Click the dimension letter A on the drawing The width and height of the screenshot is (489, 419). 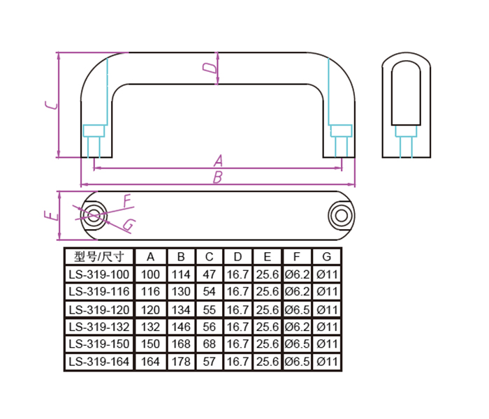(x=218, y=161)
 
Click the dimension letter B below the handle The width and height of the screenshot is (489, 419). (x=218, y=177)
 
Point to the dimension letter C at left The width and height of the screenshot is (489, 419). (x=52, y=105)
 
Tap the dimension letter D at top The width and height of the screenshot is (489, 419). (x=210, y=68)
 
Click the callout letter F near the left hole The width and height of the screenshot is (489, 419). (x=127, y=201)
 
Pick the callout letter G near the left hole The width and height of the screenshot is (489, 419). (x=129, y=225)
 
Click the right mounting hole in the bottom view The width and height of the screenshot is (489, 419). (x=341, y=215)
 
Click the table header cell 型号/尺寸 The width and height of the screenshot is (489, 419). (x=99, y=257)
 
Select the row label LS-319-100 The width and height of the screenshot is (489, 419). (x=99, y=274)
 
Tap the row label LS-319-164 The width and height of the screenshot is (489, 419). (x=99, y=362)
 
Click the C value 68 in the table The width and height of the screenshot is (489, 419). (x=210, y=344)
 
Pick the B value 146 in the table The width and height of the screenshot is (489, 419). (x=181, y=327)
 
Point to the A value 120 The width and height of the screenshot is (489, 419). (x=150, y=310)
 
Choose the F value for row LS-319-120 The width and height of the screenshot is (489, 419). (x=297, y=310)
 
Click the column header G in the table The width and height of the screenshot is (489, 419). (x=326, y=257)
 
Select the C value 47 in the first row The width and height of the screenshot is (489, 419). (x=210, y=274)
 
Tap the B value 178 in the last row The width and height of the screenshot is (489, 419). (x=181, y=362)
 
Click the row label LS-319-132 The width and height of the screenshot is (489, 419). (x=99, y=327)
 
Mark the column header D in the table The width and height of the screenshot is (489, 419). (x=238, y=257)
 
